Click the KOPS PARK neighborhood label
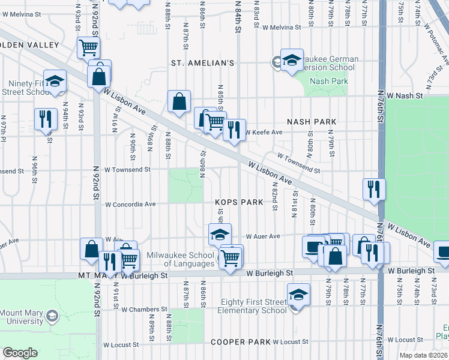(239, 202)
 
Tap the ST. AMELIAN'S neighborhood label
(202, 62)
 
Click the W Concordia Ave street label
(130, 205)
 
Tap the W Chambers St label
(143, 310)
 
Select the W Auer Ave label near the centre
(263, 236)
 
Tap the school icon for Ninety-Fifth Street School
(55, 82)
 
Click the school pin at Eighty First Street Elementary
(298, 295)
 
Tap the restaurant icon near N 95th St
(44, 119)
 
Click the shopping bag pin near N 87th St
(179, 102)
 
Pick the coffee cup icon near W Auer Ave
(312, 247)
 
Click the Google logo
(20, 353)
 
